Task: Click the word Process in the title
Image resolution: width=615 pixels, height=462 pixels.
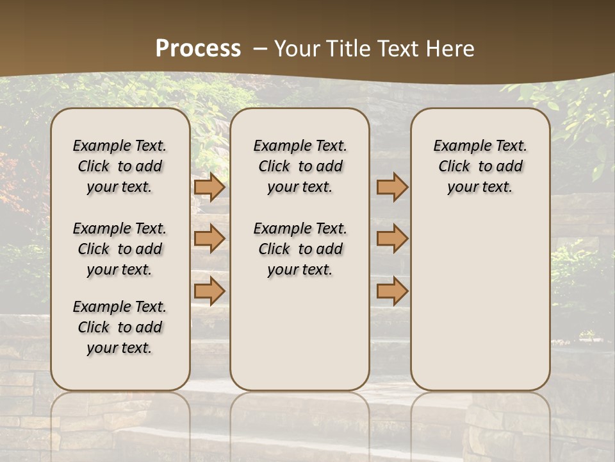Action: [x=198, y=48]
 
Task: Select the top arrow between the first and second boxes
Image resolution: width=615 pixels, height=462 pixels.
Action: [x=209, y=187]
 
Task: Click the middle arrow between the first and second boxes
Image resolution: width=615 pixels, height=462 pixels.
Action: [x=209, y=239]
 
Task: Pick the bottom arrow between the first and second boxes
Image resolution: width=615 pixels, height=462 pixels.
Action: [x=209, y=291]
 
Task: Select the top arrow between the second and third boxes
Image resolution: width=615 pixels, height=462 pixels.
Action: [x=392, y=187]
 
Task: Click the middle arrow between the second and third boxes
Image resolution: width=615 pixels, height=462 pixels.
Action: [x=392, y=239]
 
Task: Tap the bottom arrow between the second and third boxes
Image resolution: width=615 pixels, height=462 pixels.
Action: [x=392, y=291]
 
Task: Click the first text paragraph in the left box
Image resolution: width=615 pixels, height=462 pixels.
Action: [x=120, y=166]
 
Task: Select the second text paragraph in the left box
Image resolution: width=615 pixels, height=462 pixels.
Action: [x=120, y=249]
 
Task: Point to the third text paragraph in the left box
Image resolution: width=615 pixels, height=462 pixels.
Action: [x=120, y=327]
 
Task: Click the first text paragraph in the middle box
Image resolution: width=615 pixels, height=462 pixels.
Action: [x=300, y=166]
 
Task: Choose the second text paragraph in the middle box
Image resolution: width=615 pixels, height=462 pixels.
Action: [x=300, y=249]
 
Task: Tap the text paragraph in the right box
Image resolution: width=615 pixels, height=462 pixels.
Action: [x=480, y=166]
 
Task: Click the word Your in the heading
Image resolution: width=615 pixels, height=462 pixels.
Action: [x=293, y=48]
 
